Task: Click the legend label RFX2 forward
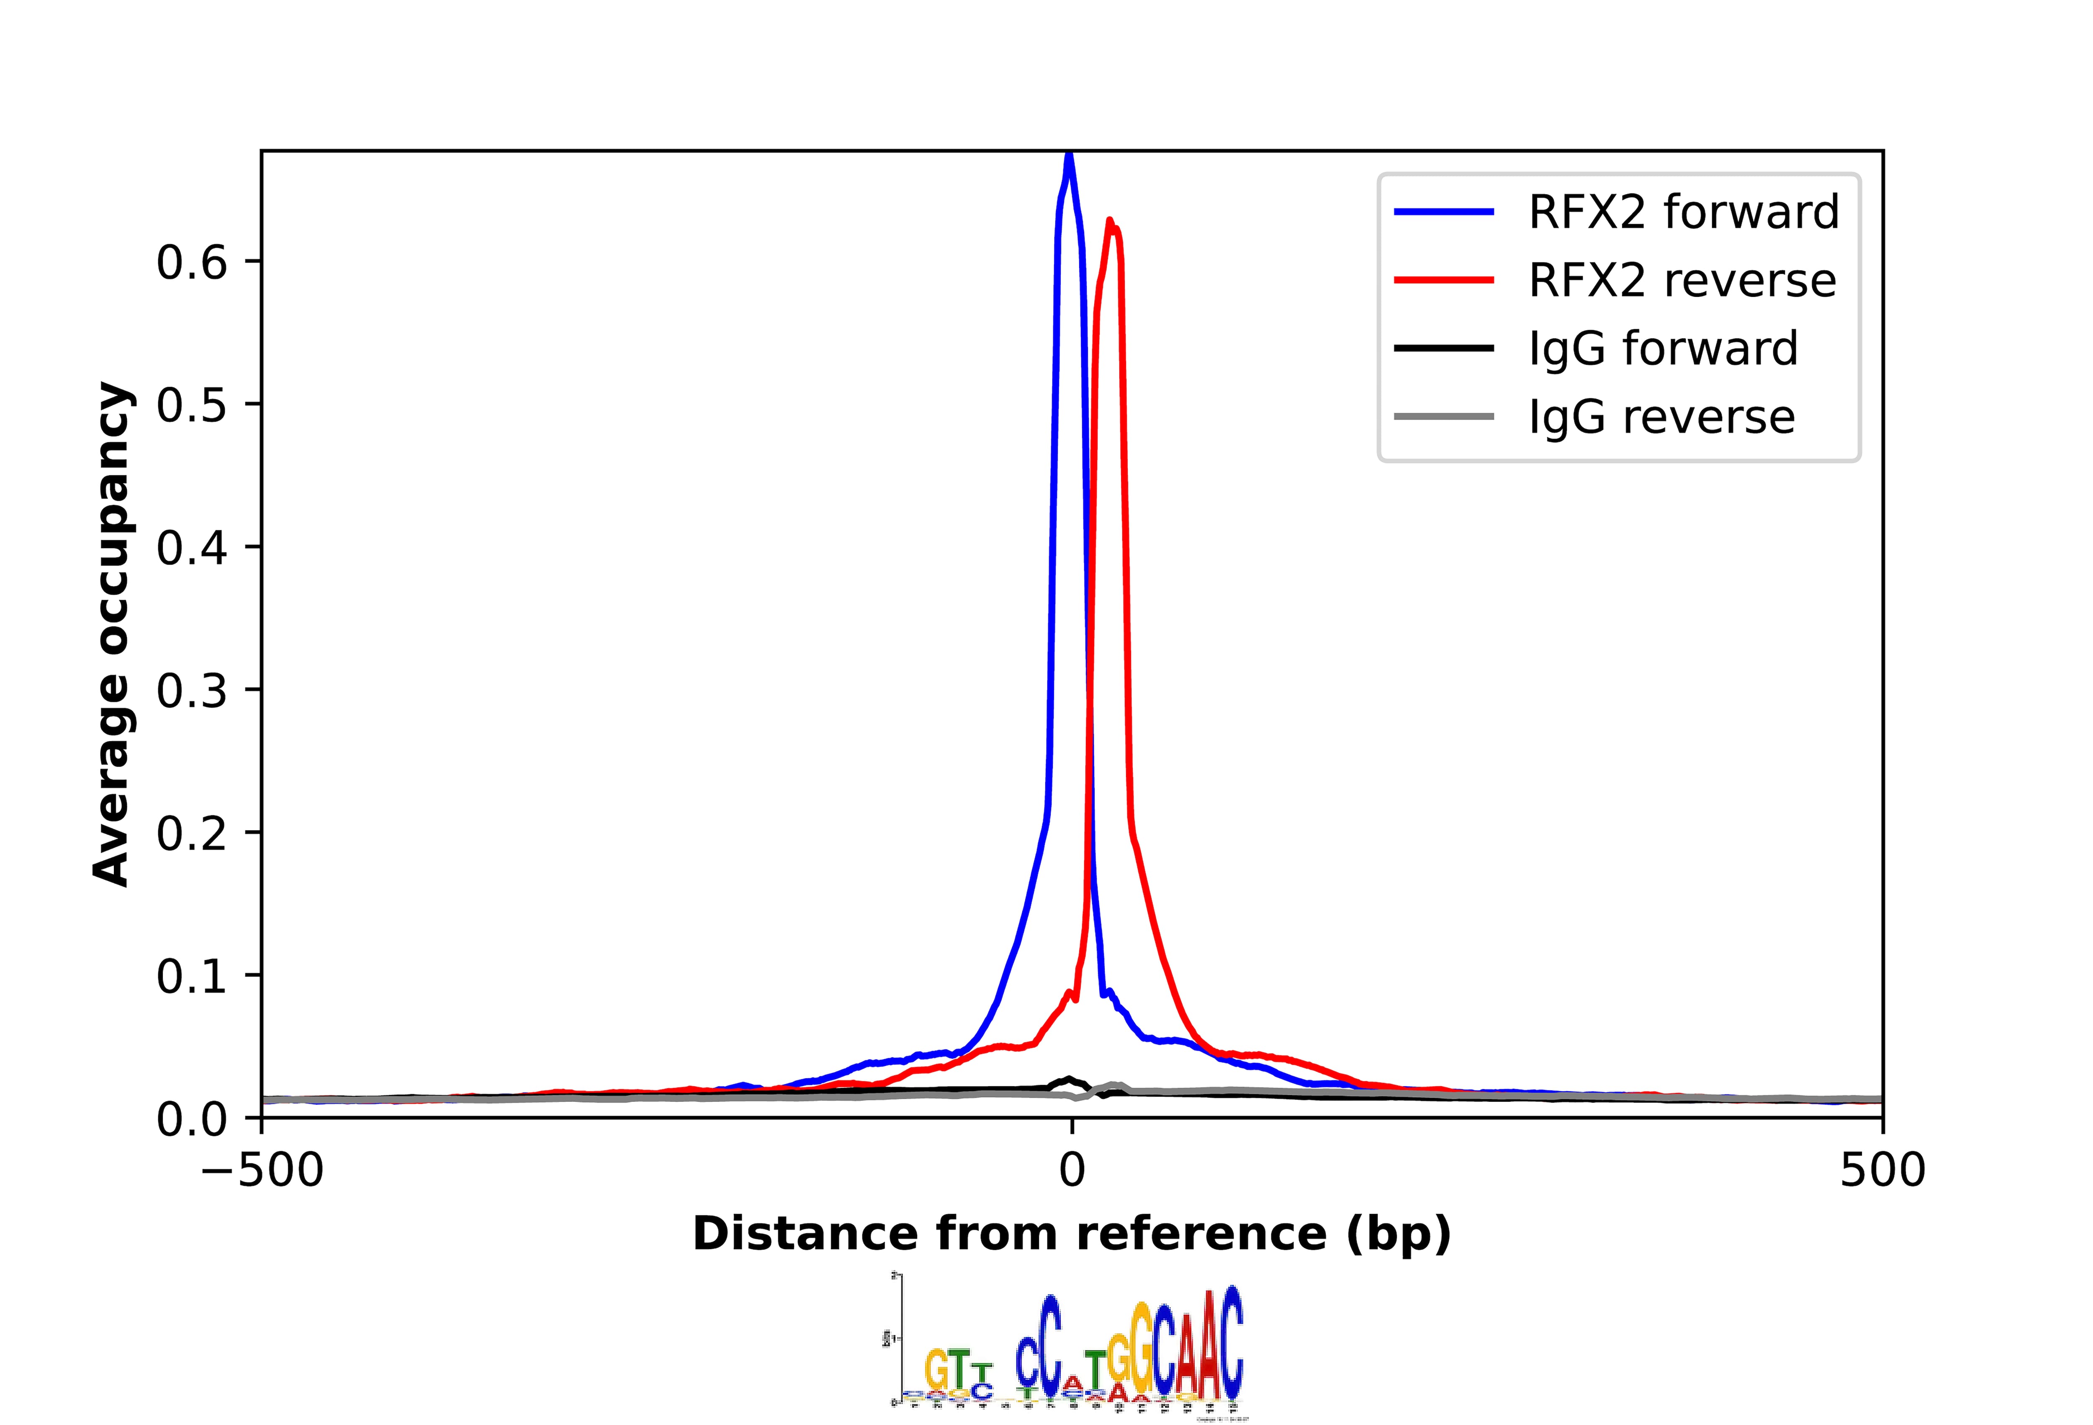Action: click(1682, 213)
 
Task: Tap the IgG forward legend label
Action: click(1663, 348)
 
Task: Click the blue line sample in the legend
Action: click(1444, 213)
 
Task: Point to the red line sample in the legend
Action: click(1444, 281)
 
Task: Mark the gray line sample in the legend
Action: click(1444, 417)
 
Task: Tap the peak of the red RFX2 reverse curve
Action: click(1110, 221)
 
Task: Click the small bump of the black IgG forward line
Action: click(1069, 1079)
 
